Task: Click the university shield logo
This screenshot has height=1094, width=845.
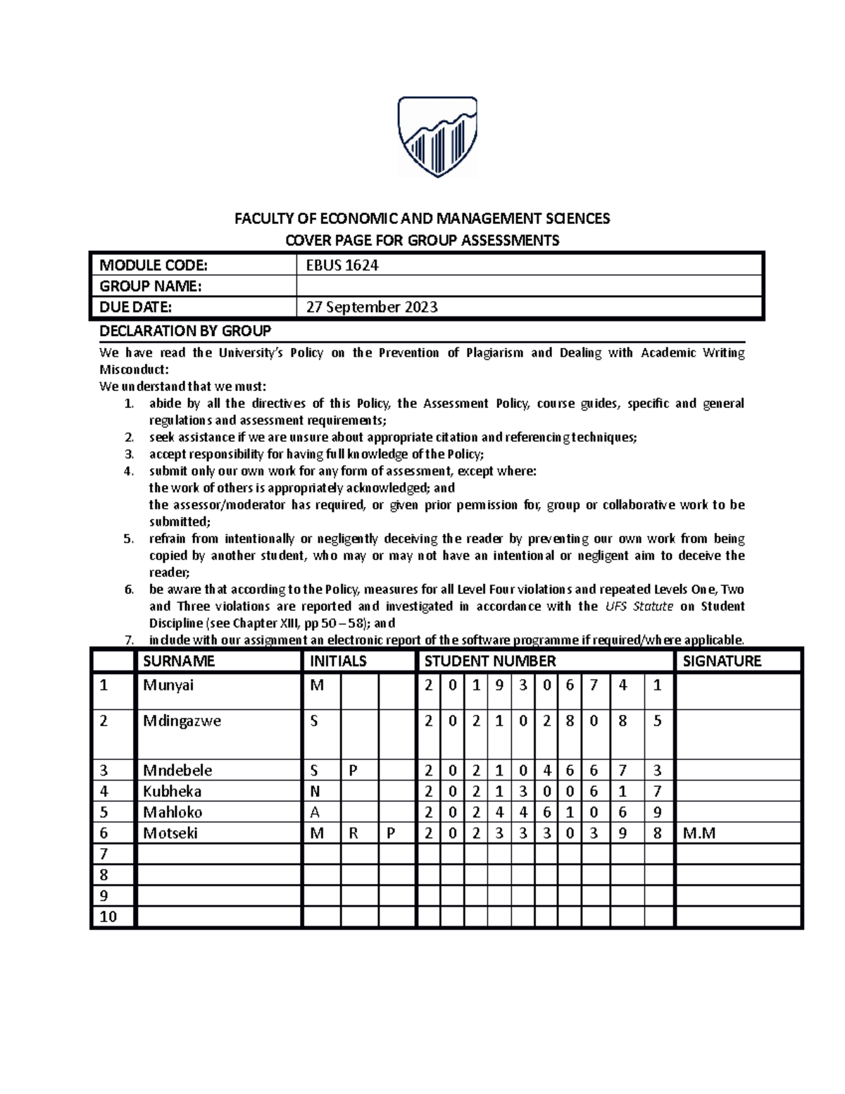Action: tap(437, 137)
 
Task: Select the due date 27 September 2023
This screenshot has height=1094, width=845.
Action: tap(371, 307)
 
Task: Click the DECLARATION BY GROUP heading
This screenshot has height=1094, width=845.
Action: tap(185, 331)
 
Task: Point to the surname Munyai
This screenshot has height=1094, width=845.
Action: tap(168, 685)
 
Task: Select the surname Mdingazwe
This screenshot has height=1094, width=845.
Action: tap(182, 721)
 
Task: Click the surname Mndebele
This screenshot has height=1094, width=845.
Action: tap(177, 770)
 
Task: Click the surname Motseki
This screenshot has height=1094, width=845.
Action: tap(170, 833)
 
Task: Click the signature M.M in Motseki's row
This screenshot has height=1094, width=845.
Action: tap(699, 833)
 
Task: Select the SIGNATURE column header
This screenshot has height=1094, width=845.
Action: tap(722, 661)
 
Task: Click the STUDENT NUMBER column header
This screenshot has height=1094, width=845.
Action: tap(490, 661)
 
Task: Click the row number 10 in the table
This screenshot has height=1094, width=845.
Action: tap(108, 916)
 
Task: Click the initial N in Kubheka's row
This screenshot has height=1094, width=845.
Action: tap(315, 791)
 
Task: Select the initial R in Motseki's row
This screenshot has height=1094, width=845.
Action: tap(353, 833)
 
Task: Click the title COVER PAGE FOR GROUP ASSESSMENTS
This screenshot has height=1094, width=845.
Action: tap(422, 240)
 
